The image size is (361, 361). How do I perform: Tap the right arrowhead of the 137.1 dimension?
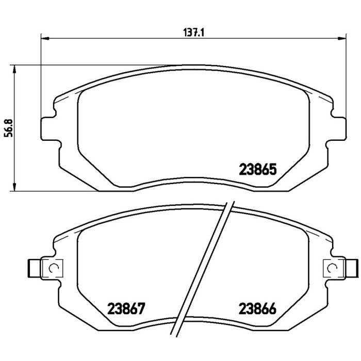tap(341, 38)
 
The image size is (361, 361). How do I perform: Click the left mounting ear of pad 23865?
tap(48, 126)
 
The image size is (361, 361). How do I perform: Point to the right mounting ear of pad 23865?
tap(338, 126)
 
